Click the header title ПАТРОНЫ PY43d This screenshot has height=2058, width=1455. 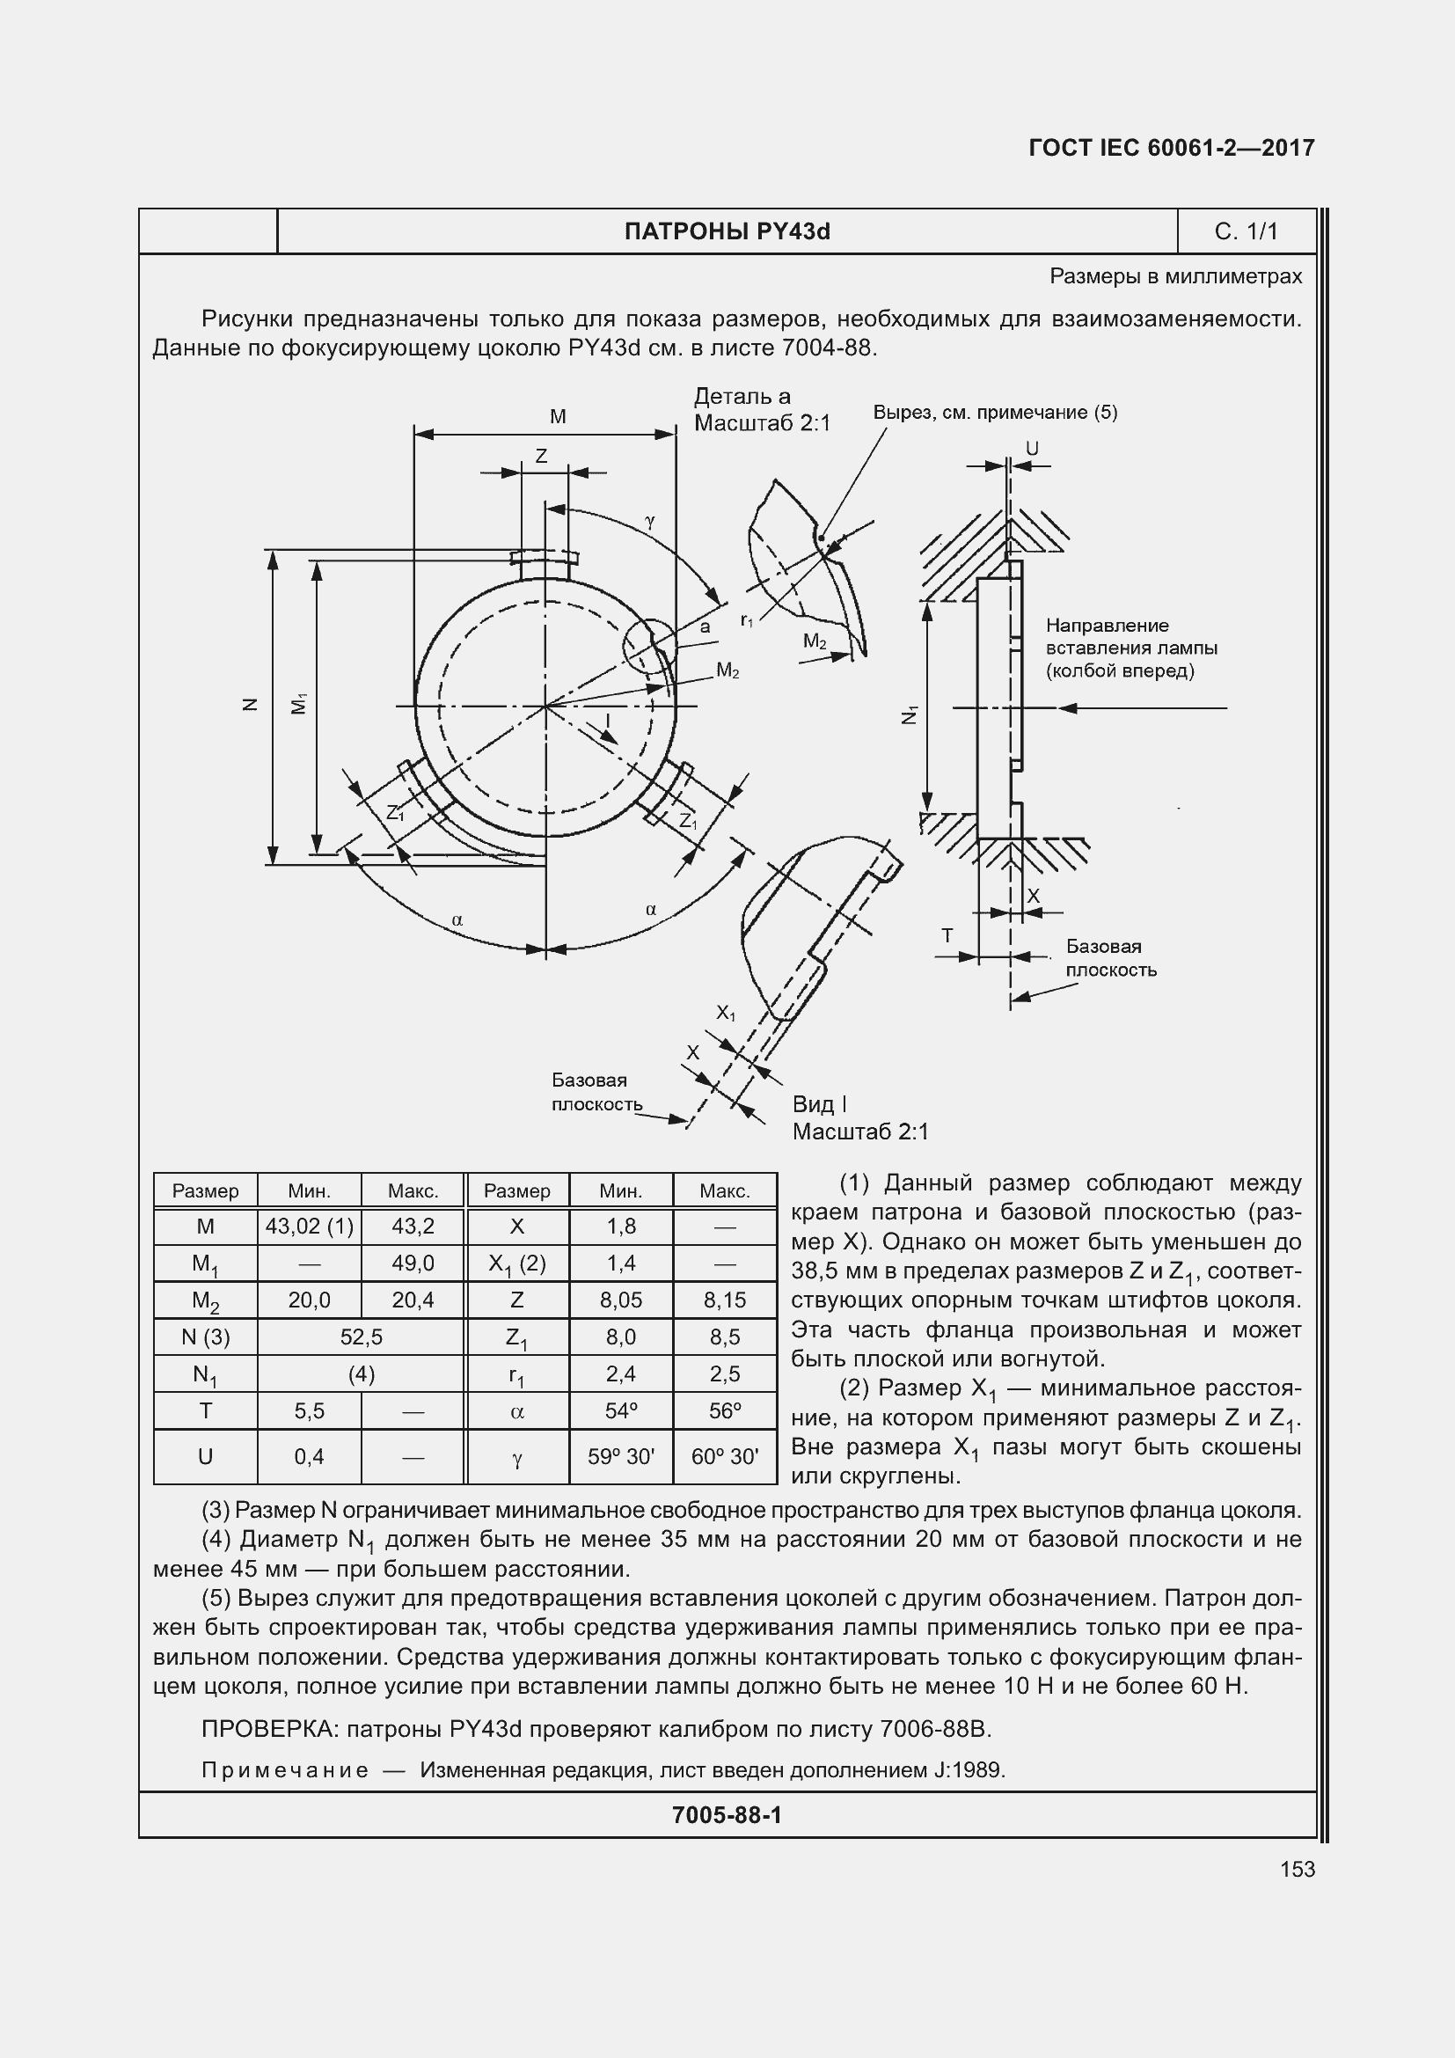coord(727,232)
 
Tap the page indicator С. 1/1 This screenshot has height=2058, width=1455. coord(1246,232)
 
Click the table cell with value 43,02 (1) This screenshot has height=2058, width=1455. coord(309,1227)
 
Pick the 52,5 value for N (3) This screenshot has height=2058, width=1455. coord(361,1337)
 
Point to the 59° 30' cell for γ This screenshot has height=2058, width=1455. coord(621,1456)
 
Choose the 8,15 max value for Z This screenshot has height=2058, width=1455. coord(725,1300)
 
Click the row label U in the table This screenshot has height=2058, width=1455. coord(205,1456)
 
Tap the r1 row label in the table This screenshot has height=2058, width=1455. coord(517,1375)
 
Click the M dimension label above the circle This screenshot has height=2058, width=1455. coord(557,417)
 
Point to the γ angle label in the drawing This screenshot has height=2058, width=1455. coord(649,520)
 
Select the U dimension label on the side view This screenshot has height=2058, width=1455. coord(1032,448)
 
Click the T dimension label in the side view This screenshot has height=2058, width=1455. coord(947,936)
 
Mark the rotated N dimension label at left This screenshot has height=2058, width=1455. coord(251,705)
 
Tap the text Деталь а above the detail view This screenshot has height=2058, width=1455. coord(742,396)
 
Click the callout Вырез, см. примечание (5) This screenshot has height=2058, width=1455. coord(995,413)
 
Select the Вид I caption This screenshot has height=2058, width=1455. coord(819,1104)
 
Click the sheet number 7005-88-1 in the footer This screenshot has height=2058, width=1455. coord(727,1815)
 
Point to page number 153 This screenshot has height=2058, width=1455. coord(1298,1869)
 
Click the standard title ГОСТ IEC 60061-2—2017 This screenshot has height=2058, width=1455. coord(1172,148)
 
